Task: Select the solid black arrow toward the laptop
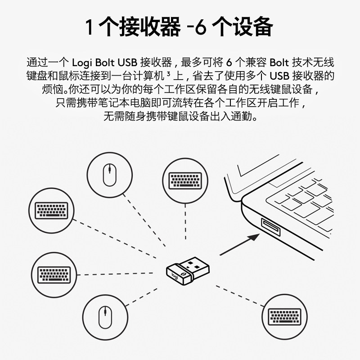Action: click(x=241, y=244)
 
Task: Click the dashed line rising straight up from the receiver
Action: click(x=185, y=229)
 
